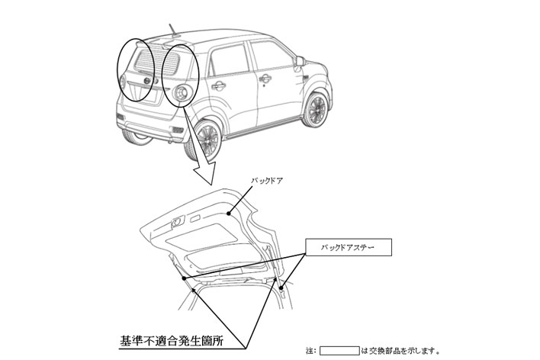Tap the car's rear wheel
pos(204,140)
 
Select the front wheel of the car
pos(315,110)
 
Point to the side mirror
pos(300,62)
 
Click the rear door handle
pos(219,85)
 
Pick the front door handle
pos(265,79)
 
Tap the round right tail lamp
pos(182,92)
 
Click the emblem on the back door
pos(147,81)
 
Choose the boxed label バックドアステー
pos(348,247)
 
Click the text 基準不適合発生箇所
pos(172,341)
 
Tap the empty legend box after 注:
pos(339,351)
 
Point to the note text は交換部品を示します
pos(400,351)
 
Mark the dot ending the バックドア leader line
pos(229,214)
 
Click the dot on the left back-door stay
pos(184,278)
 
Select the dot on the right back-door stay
pos(281,288)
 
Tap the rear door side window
pos(230,59)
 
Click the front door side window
pos(272,54)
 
